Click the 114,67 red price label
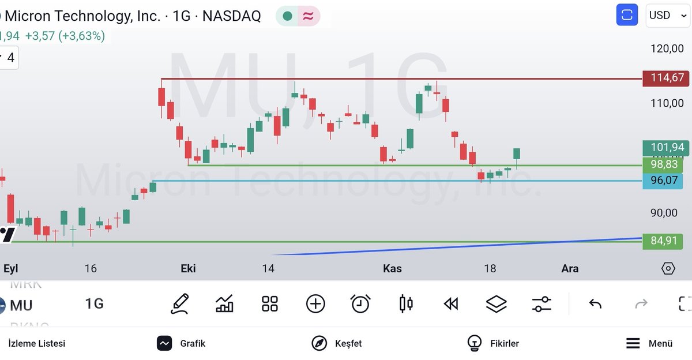[667, 78]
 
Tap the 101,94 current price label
[667, 148]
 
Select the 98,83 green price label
[664, 165]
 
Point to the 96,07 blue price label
[664, 181]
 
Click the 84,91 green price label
[664, 241]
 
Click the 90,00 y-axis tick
[664, 213]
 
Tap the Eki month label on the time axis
[189, 268]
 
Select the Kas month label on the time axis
[392, 268]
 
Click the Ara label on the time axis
[570, 268]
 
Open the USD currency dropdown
[666, 16]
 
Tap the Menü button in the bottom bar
[649, 343]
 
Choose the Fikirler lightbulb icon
[475, 343]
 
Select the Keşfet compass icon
[319, 343]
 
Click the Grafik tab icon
[165, 343]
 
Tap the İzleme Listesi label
[36, 343]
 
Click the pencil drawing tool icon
[180, 303]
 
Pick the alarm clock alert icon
[360, 303]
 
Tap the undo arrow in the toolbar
[595, 303]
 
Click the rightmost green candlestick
[517, 153]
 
